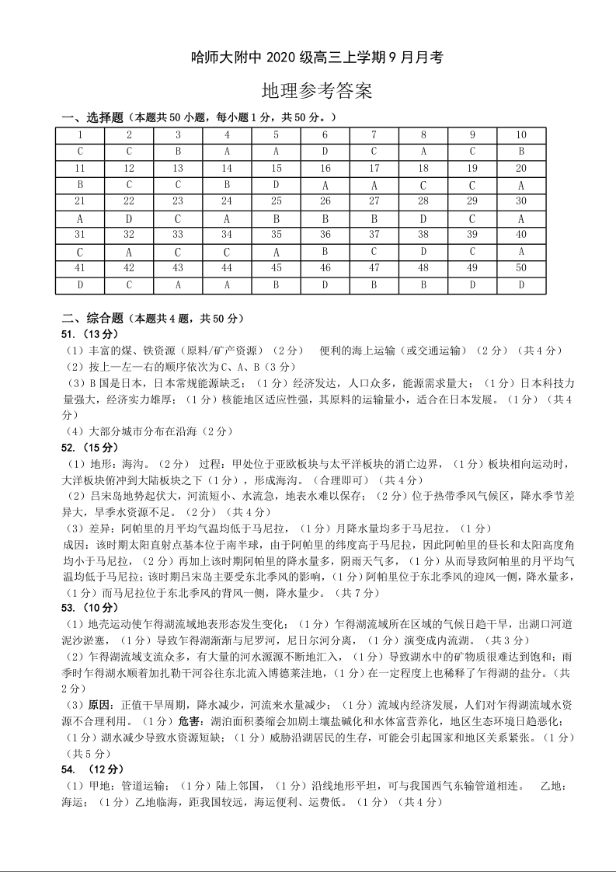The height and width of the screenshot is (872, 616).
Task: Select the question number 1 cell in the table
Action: coord(80,134)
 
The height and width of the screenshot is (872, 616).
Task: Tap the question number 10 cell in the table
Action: coord(521,134)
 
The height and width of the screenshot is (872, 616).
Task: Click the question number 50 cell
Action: coord(521,268)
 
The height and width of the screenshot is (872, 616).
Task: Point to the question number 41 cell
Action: coord(80,268)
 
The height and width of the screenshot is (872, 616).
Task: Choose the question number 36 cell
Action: coord(325,235)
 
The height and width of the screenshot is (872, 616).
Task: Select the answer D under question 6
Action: coord(325,151)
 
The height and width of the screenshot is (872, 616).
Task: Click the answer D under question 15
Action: coord(276,185)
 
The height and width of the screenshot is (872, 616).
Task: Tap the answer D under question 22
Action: coord(129,219)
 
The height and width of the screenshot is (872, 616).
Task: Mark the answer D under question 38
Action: coord(423,252)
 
